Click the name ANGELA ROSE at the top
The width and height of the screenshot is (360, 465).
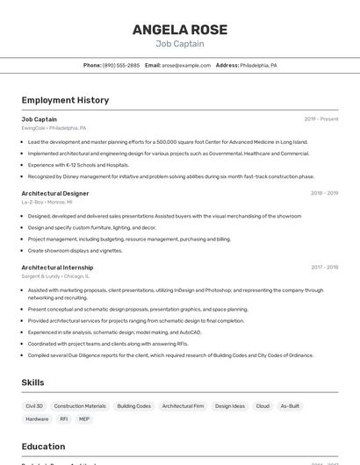click(180, 30)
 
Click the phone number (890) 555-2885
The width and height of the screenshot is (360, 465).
click(120, 65)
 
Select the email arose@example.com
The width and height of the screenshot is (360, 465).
click(186, 65)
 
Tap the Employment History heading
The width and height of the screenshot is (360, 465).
click(65, 100)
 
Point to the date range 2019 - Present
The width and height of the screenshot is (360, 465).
click(321, 119)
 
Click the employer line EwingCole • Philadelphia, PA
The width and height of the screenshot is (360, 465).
click(54, 128)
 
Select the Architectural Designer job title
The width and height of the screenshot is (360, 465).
click(55, 193)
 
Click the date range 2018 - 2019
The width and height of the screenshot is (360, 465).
click(324, 193)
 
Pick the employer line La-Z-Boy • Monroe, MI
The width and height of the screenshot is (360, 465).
click(47, 202)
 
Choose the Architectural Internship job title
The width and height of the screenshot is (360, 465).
click(57, 267)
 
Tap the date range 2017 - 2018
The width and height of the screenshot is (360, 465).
click(324, 267)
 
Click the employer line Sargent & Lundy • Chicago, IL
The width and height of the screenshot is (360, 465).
click(55, 275)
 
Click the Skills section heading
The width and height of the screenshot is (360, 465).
click(33, 383)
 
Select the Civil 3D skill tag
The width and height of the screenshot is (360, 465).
click(34, 406)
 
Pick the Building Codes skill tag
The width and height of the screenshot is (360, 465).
click(134, 406)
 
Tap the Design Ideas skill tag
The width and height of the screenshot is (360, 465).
click(230, 406)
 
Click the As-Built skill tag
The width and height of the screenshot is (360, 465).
click(290, 406)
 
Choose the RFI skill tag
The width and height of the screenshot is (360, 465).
click(63, 419)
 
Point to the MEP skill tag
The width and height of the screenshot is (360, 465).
click(84, 419)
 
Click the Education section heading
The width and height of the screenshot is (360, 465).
click(44, 446)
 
